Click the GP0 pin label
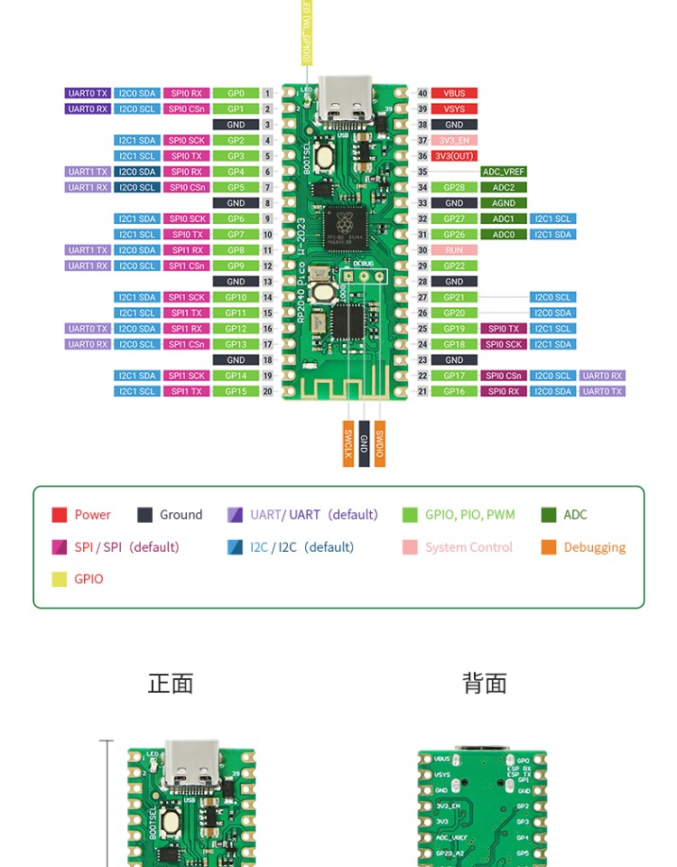tap(236, 93)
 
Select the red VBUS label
tap(454, 93)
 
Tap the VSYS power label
tap(454, 109)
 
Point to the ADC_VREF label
tap(504, 172)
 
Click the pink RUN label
tap(454, 250)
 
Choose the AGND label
tap(504, 203)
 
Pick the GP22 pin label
tap(454, 266)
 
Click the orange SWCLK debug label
tap(348, 443)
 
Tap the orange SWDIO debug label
tap(380, 443)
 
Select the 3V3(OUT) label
tap(454, 156)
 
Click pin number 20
tap(267, 392)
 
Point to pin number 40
tap(422, 93)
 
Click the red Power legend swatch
tap(60, 515)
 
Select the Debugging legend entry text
tap(594, 547)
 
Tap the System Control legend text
tap(468, 547)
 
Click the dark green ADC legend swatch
tap(549, 515)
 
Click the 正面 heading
tap(171, 684)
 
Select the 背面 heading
tap(485, 684)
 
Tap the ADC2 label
tap(504, 188)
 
